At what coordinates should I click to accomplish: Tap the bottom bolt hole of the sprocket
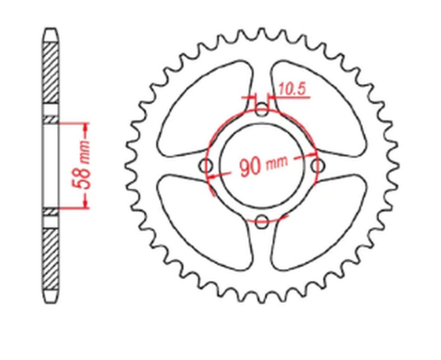tap(261, 221)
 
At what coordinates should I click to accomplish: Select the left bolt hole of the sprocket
tap(205, 165)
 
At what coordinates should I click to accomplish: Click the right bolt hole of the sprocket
tap(318, 165)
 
